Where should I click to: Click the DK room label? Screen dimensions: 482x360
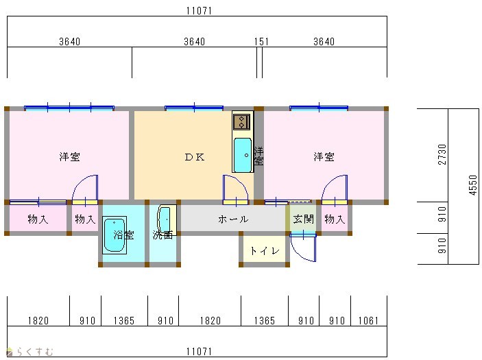click(x=195, y=157)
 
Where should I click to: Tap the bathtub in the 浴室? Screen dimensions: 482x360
click(x=115, y=235)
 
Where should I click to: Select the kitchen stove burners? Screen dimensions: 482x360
click(x=241, y=122)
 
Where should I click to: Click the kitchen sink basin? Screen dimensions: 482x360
click(x=243, y=155)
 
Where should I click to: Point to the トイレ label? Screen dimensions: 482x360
click(x=265, y=251)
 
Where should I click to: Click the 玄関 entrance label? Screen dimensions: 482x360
click(x=304, y=219)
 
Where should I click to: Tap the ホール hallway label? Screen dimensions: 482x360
click(x=233, y=219)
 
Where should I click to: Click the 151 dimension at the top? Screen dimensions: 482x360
click(x=261, y=42)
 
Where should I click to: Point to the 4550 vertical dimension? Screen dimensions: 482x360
click(x=473, y=184)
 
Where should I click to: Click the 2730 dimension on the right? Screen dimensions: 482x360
click(x=442, y=154)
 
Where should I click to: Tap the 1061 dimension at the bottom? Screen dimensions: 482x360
click(x=368, y=321)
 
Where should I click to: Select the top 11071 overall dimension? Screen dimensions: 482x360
click(x=199, y=11)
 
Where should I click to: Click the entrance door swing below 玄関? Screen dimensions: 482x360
click(x=304, y=248)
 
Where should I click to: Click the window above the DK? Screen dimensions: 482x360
click(x=194, y=108)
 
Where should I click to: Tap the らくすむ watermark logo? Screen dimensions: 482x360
click(x=29, y=351)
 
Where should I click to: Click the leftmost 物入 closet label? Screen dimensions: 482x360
click(x=38, y=219)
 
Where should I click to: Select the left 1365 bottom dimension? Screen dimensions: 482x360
click(x=124, y=321)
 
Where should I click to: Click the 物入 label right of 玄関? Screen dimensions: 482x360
click(x=335, y=219)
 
